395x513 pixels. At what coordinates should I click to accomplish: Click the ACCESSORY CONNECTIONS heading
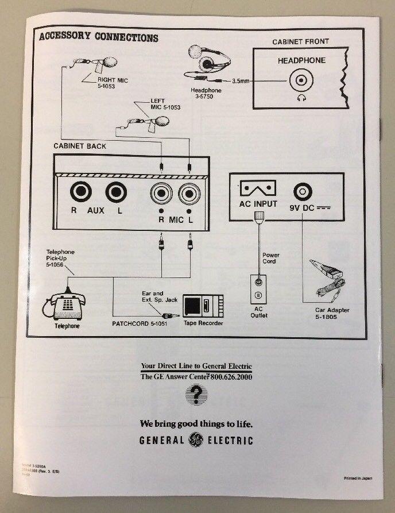coord(98,38)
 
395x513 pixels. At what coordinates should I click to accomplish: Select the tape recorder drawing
coord(202,306)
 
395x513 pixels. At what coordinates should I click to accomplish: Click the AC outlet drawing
coord(258,288)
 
